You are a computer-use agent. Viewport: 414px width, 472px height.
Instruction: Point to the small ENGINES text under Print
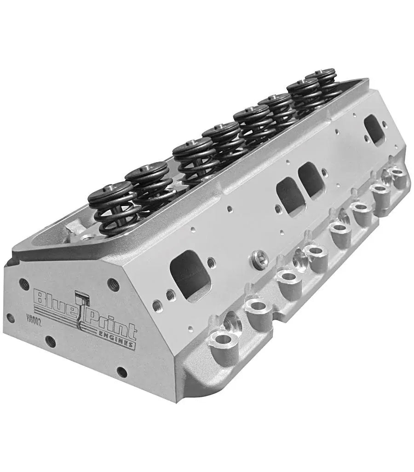click(121, 341)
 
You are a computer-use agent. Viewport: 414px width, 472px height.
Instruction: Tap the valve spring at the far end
click(323, 83)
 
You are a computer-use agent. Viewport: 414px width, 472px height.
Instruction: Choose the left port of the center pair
click(289, 194)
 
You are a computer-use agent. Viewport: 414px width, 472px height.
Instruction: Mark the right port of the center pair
click(311, 180)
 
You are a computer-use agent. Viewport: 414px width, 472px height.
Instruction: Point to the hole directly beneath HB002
click(50, 341)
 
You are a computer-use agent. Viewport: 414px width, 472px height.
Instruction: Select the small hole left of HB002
click(10, 318)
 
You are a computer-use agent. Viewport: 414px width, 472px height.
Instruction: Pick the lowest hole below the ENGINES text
click(122, 372)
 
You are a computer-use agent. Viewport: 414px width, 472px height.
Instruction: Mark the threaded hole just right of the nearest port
click(211, 263)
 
